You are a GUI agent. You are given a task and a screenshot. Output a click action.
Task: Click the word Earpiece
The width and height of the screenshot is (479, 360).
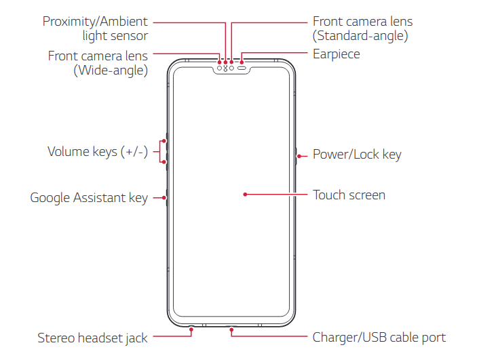(336, 54)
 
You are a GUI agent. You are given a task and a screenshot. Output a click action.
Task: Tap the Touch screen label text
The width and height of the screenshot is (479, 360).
(349, 195)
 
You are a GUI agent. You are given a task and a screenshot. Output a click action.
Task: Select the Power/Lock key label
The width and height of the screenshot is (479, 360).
(357, 155)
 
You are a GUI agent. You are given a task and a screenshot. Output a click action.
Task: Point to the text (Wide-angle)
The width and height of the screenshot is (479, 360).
(111, 71)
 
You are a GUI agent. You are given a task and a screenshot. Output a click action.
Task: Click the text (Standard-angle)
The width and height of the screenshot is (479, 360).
(360, 37)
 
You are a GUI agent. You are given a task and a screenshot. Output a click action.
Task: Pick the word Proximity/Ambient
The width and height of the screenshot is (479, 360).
(95, 21)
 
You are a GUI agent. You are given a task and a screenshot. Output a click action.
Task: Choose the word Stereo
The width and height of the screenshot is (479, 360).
(57, 338)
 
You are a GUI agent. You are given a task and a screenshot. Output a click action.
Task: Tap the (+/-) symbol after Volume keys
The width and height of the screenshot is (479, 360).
(134, 151)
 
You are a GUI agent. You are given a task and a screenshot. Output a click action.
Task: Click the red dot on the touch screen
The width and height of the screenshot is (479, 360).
(244, 195)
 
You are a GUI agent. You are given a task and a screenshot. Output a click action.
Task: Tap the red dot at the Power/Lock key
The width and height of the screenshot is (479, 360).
(299, 154)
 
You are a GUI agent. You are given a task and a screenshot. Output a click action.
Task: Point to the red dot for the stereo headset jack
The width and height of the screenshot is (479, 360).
(191, 332)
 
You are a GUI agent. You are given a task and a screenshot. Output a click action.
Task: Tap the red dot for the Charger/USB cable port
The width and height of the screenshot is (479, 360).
(231, 332)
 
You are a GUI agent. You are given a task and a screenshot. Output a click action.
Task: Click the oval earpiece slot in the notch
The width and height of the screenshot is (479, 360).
(241, 68)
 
